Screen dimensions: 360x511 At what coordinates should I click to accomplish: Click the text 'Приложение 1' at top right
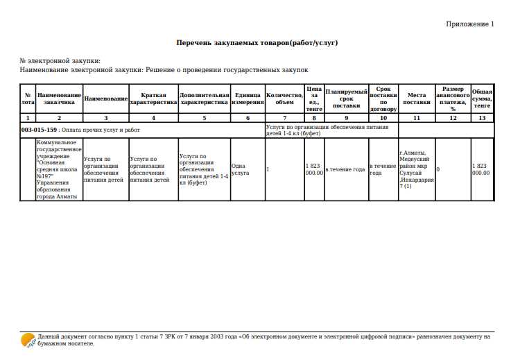click(470, 24)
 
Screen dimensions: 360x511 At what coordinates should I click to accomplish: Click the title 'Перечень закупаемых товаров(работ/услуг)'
click(257, 43)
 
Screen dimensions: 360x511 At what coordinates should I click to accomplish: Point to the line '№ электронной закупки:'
click(60, 62)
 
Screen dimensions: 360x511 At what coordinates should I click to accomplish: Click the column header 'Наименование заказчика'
click(59, 98)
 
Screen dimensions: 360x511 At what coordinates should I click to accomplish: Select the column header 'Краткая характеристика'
click(153, 98)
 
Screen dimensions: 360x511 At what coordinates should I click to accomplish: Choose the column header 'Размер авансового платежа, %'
click(453, 98)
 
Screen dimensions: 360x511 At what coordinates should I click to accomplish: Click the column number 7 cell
click(284, 119)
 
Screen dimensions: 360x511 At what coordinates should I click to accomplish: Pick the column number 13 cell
click(482, 119)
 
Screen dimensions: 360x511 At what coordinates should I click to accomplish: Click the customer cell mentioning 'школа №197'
click(59, 169)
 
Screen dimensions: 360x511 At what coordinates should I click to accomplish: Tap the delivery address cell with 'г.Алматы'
click(417, 169)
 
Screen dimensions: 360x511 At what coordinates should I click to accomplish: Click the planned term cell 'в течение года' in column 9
click(346, 169)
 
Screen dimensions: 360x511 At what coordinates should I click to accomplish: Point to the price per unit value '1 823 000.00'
click(313, 169)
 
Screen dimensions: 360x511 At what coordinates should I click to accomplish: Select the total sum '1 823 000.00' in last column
click(481, 169)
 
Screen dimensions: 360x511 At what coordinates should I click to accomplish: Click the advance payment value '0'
click(438, 169)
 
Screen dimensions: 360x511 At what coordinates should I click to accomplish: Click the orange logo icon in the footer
click(28, 339)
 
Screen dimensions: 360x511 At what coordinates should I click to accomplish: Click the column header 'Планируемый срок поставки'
click(346, 98)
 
